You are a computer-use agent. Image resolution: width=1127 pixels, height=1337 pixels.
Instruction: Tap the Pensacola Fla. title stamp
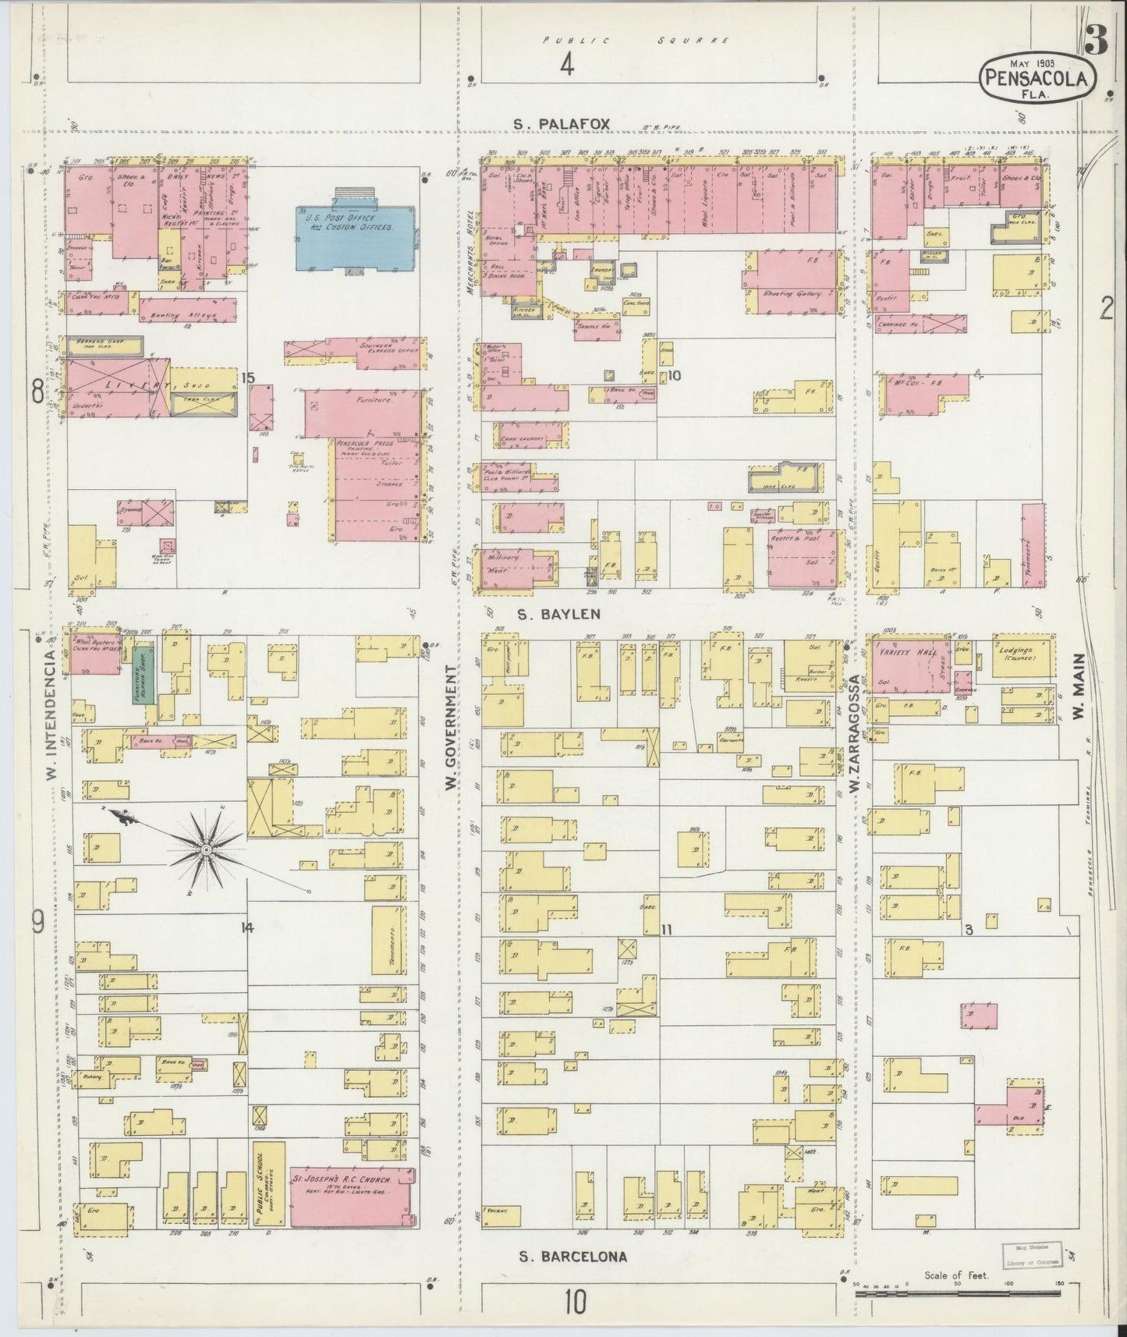click(1037, 77)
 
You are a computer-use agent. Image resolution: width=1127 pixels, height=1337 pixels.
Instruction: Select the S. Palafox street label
click(562, 123)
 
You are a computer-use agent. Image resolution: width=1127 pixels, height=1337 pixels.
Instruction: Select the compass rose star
click(205, 849)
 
